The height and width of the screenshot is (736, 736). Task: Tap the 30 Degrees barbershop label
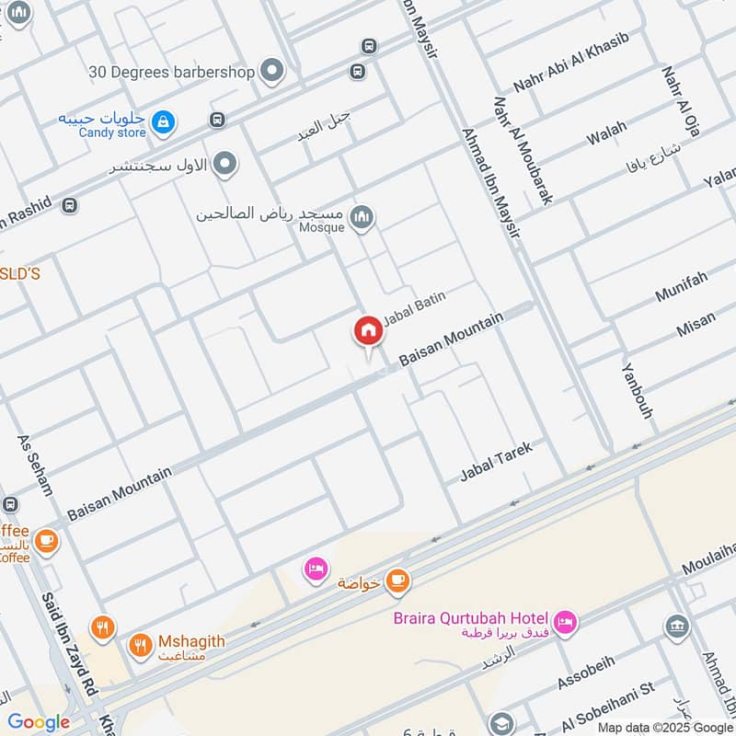click(172, 71)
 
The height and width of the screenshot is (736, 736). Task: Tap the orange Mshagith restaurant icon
click(140, 646)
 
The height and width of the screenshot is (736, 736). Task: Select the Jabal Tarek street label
click(496, 462)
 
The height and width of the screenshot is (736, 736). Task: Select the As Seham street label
click(35, 465)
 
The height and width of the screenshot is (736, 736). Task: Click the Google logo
click(39, 722)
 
